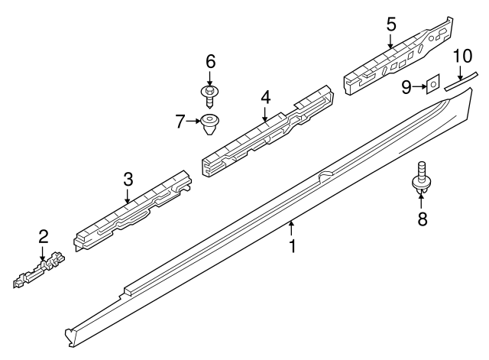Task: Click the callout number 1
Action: [291, 246]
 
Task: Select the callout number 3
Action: [128, 180]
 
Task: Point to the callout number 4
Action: [265, 97]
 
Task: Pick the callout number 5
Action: [390, 24]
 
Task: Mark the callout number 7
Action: [180, 121]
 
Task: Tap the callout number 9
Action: [408, 87]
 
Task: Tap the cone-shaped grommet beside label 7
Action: [209, 123]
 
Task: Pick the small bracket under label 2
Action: [39, 271]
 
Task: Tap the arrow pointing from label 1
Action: [291, 228]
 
